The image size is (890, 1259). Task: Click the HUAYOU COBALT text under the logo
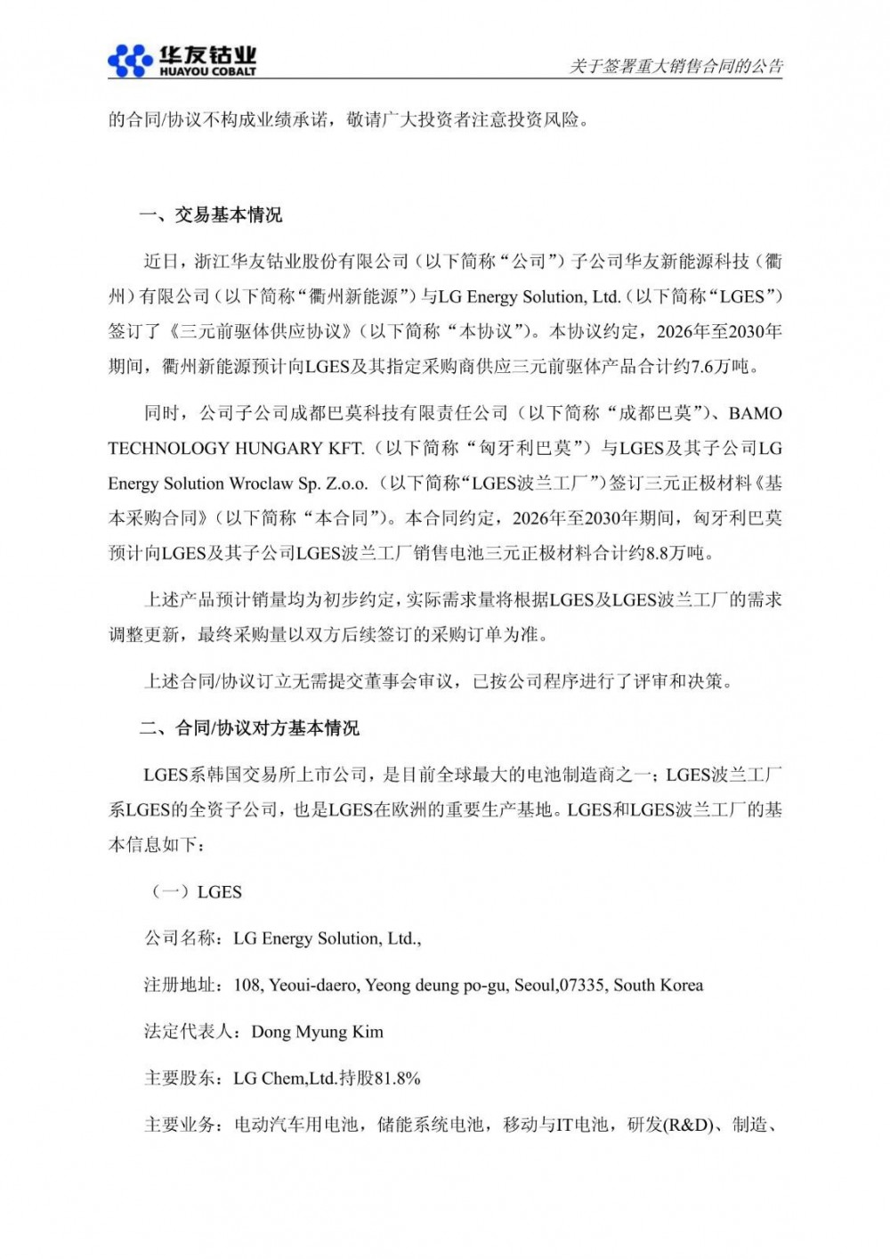[208, 71]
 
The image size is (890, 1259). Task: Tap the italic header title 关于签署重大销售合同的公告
[676, 67]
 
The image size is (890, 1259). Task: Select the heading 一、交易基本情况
[211, 215]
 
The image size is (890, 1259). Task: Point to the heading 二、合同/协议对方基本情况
[249, 728]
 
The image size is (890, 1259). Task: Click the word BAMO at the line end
[755, 413]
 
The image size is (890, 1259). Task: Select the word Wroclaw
[262, 483]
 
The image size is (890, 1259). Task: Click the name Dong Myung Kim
[318, 1032]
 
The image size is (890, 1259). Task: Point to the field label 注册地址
[179, 985]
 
